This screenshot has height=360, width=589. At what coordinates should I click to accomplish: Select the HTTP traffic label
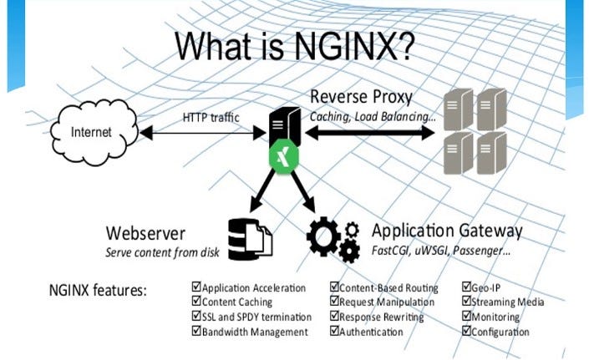coord(211,117)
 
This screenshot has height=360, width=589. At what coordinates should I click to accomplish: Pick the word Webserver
coord(145,231)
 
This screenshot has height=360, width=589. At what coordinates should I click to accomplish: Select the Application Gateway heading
coord(447,230)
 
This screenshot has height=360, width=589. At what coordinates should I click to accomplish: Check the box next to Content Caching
coord(196,302)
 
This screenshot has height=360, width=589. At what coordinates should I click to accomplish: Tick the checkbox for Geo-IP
coord(466,288)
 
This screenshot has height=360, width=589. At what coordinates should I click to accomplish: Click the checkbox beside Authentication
coord(334,332)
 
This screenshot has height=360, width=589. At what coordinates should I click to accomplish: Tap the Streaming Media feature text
coord(508,302)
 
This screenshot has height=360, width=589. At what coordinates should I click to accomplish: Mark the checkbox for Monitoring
coord(466,317)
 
